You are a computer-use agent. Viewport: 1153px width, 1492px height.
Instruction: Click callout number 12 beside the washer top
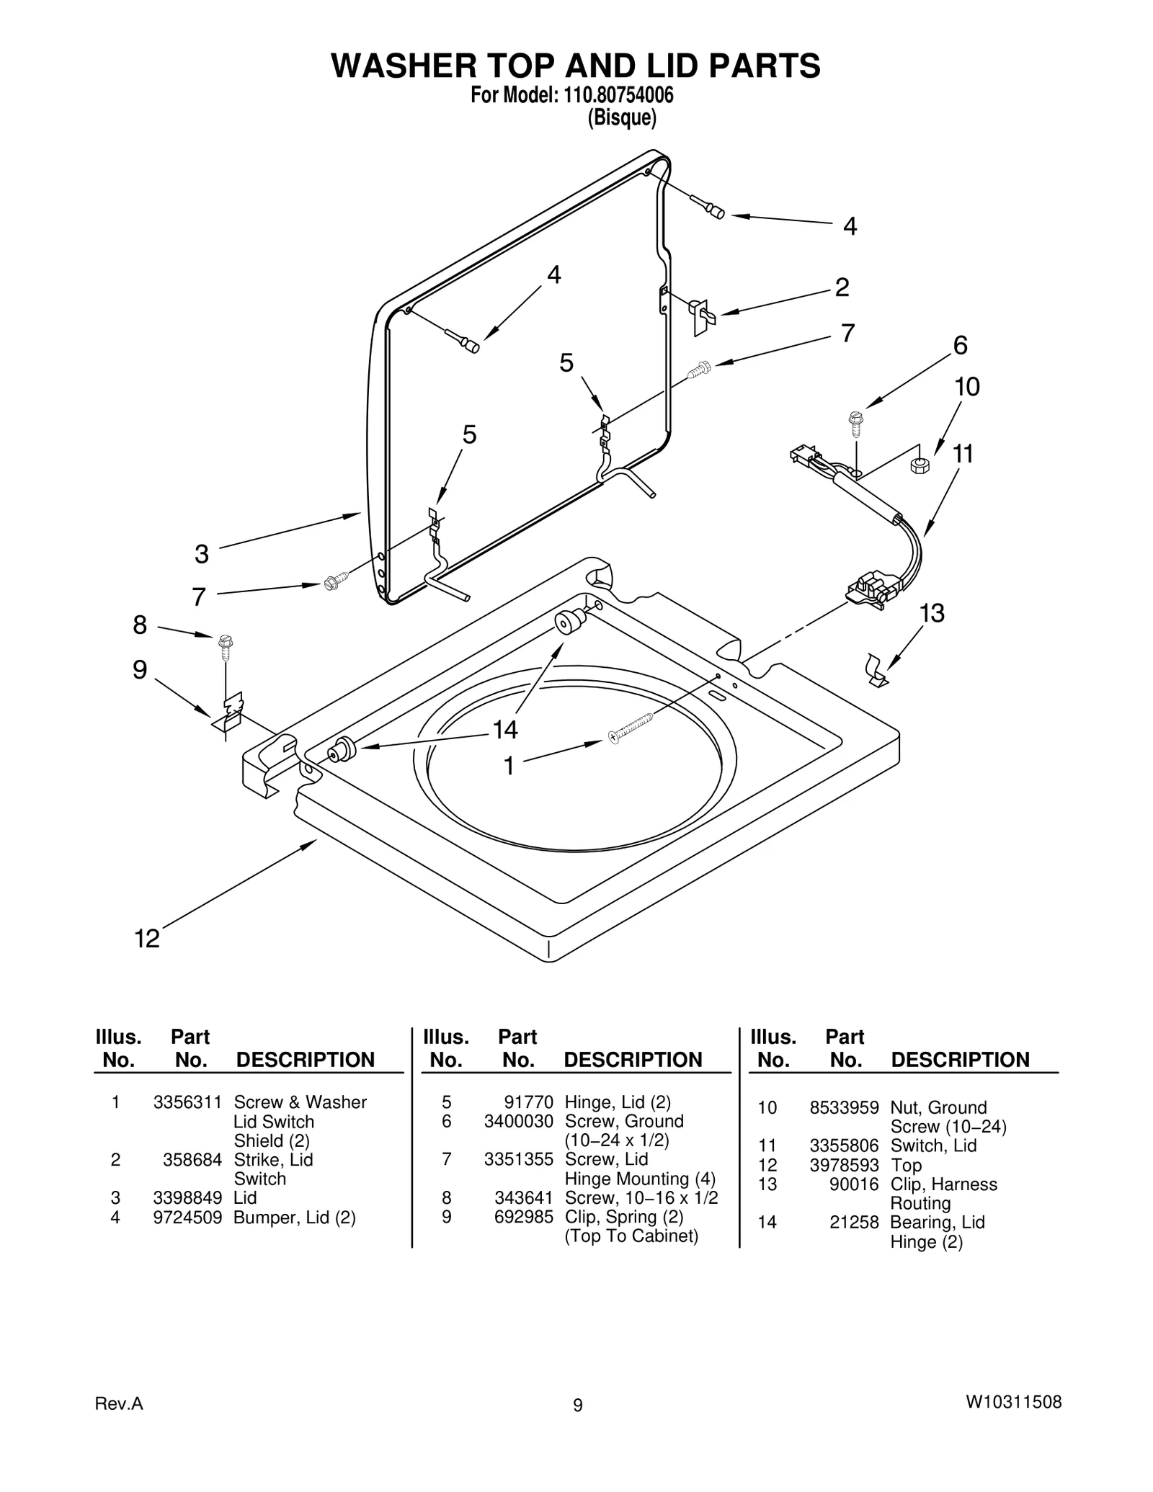[148, 939]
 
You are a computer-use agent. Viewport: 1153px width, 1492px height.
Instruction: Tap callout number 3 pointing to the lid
[202, 554]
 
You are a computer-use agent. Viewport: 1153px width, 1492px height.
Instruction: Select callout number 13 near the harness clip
[932, 613]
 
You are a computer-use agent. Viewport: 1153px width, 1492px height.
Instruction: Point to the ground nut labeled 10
[920, 465]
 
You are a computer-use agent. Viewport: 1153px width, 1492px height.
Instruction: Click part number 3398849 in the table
[187, 1197]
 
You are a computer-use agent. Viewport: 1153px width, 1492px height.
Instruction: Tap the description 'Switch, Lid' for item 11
[933, 1145]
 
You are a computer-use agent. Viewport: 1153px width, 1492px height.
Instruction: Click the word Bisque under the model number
[622, 117]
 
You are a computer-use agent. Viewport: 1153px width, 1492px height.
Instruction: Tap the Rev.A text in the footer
[119, 1403]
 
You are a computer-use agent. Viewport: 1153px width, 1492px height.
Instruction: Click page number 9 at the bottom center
[577, 1405]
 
